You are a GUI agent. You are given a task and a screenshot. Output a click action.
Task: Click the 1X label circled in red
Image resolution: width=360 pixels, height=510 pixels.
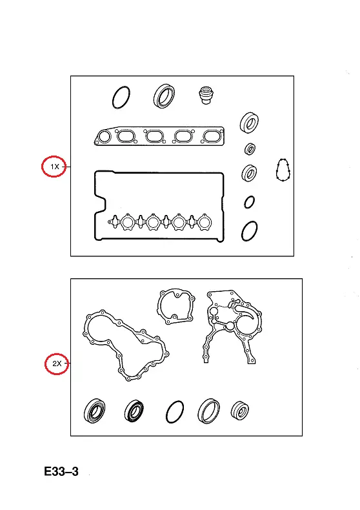click(x=55, y=167)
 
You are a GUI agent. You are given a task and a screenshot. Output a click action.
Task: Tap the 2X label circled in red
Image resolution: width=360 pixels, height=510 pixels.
click(x=57, y=363)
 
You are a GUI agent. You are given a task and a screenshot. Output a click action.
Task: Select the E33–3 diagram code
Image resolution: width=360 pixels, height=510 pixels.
click(x=61, y=471)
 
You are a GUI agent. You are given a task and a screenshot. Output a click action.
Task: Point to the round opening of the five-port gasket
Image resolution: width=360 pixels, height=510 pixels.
click(x=105, y=137)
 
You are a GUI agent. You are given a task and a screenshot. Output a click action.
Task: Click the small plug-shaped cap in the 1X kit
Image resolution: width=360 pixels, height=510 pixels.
click(x=205, y=95)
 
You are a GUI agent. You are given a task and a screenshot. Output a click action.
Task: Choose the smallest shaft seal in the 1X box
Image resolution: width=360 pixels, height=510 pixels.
click(x=250, y=148)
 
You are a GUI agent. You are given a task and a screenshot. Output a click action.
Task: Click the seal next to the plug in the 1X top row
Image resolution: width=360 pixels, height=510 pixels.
click(x=164, y=96)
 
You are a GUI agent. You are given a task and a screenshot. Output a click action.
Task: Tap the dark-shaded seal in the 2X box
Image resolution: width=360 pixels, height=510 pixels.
click(x=134, y=411)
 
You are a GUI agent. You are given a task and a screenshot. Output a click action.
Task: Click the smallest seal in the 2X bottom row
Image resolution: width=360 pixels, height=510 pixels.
click(x=240, y=410)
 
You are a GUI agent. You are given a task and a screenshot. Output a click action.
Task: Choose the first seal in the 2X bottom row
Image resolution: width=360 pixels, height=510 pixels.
click(x=94, y=411)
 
